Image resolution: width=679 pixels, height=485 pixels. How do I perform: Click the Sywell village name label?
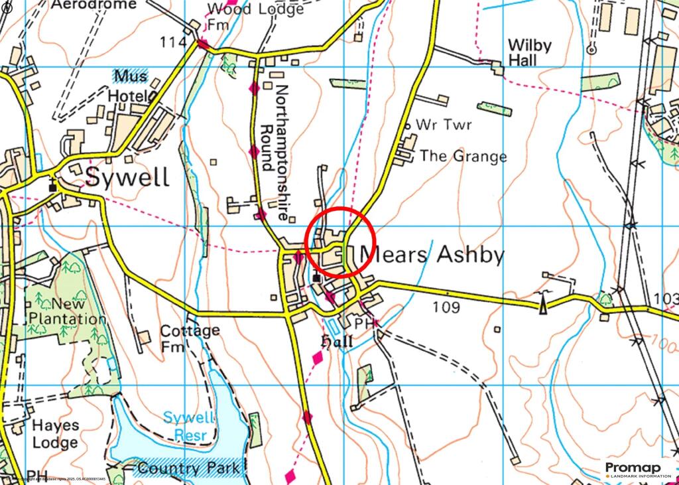[x=127, y=178]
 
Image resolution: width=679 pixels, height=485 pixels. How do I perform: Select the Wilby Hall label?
[x=529, y=52]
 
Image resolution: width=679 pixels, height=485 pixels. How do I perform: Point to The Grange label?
[x=463, y=157]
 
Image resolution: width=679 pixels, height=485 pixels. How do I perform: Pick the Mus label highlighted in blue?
[x=130, y=75]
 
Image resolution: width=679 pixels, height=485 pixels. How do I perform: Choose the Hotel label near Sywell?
[x=130, y=96]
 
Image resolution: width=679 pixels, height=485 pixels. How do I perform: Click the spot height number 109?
[x=446, y=307]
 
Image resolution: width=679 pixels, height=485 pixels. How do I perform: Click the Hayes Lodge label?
[x=55, y=433]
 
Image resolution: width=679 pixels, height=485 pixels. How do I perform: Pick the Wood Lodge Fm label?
[x=246, y=17]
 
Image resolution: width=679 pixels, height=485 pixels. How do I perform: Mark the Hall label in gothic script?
[x=335, y=342]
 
